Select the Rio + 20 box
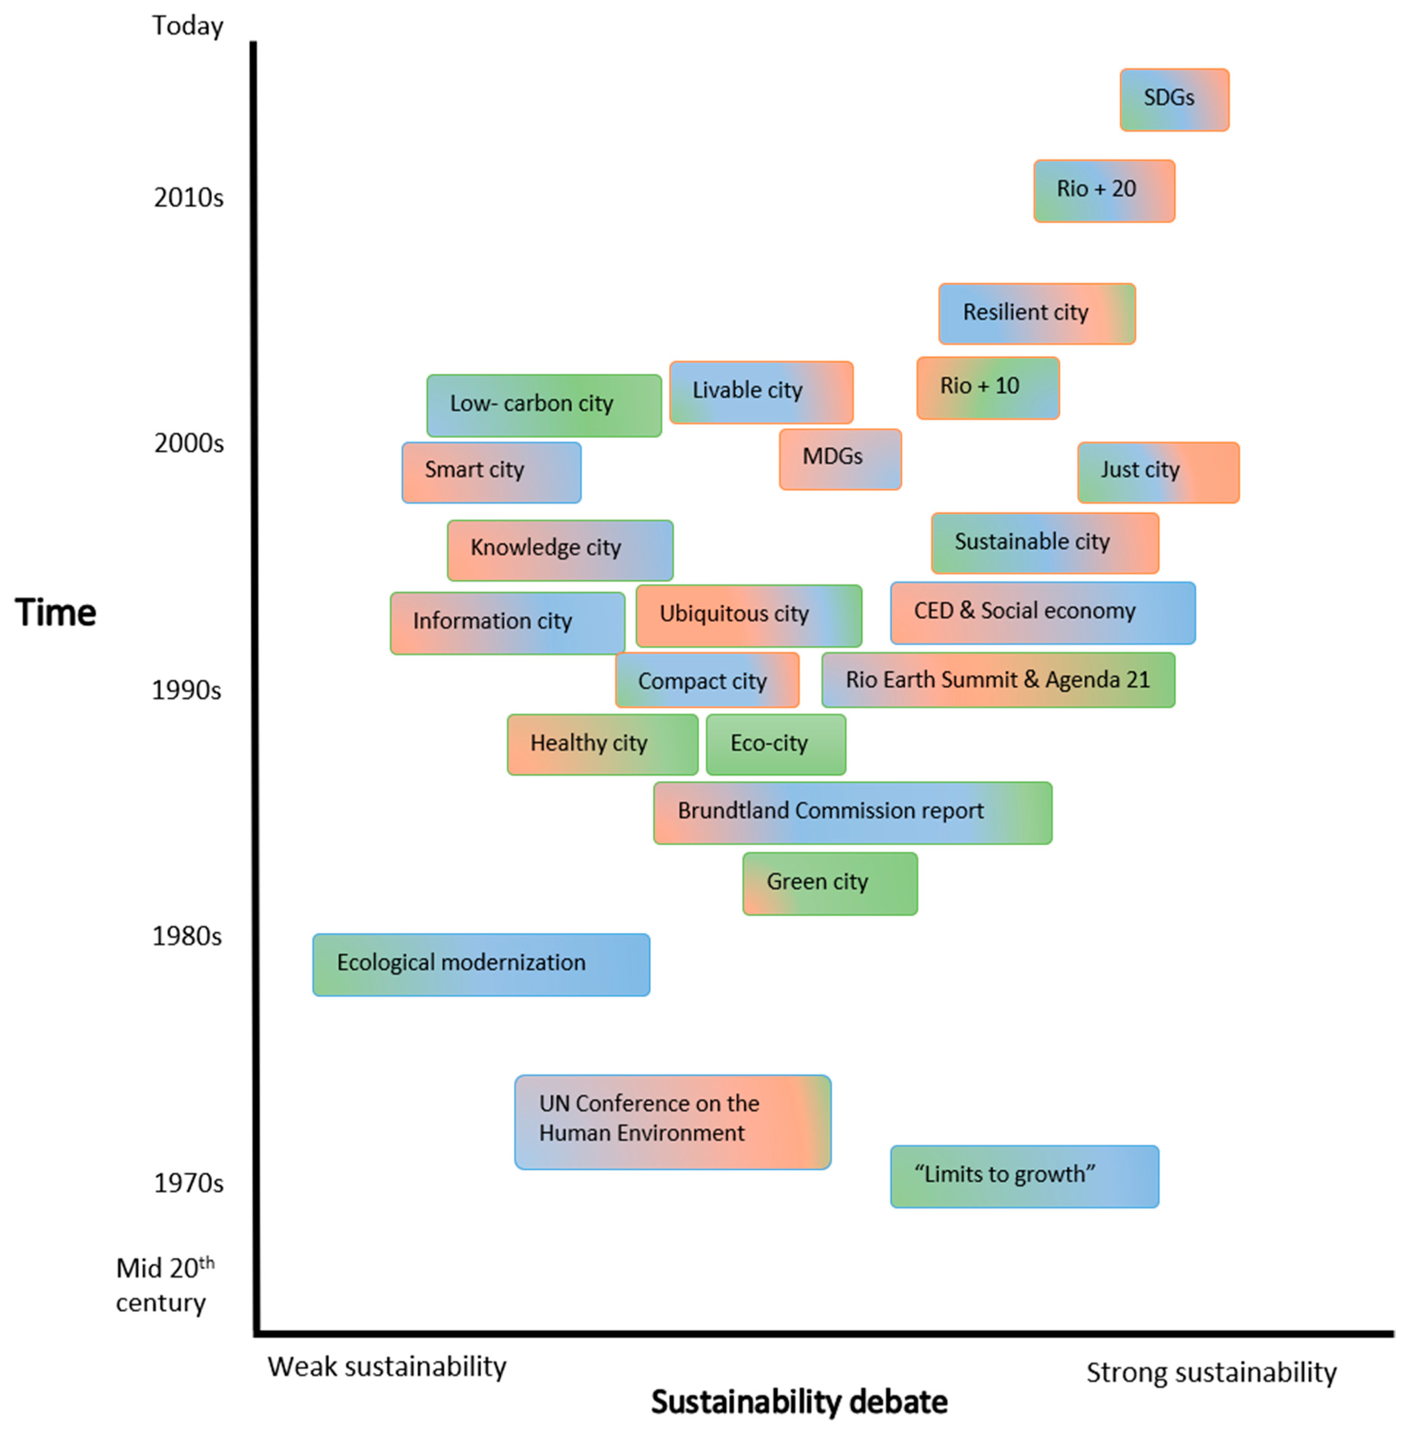1104,191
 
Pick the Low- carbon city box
544,405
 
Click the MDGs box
839,458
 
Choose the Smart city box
491,472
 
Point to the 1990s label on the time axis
187,690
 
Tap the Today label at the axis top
187,26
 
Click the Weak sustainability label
387,1366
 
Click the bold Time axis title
56,612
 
